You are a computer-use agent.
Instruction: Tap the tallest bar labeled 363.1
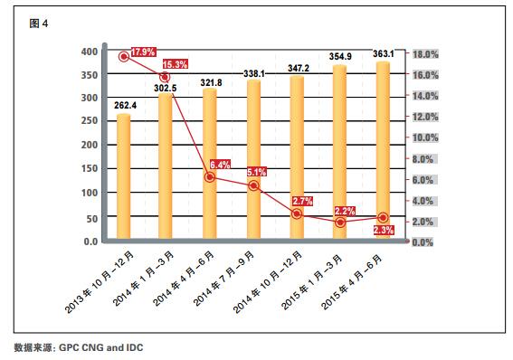point(383,154)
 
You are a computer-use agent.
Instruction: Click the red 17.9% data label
point(144,52)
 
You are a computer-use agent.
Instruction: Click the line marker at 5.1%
point(253,185)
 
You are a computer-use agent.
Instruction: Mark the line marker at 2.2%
point(340,222)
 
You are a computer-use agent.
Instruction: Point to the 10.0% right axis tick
point(426,137)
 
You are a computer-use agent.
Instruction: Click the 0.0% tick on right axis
point(426,242)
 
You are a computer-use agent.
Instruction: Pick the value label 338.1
point(253,73)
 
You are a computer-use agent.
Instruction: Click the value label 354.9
point(340,57)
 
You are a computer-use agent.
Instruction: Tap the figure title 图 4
point(38,24)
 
